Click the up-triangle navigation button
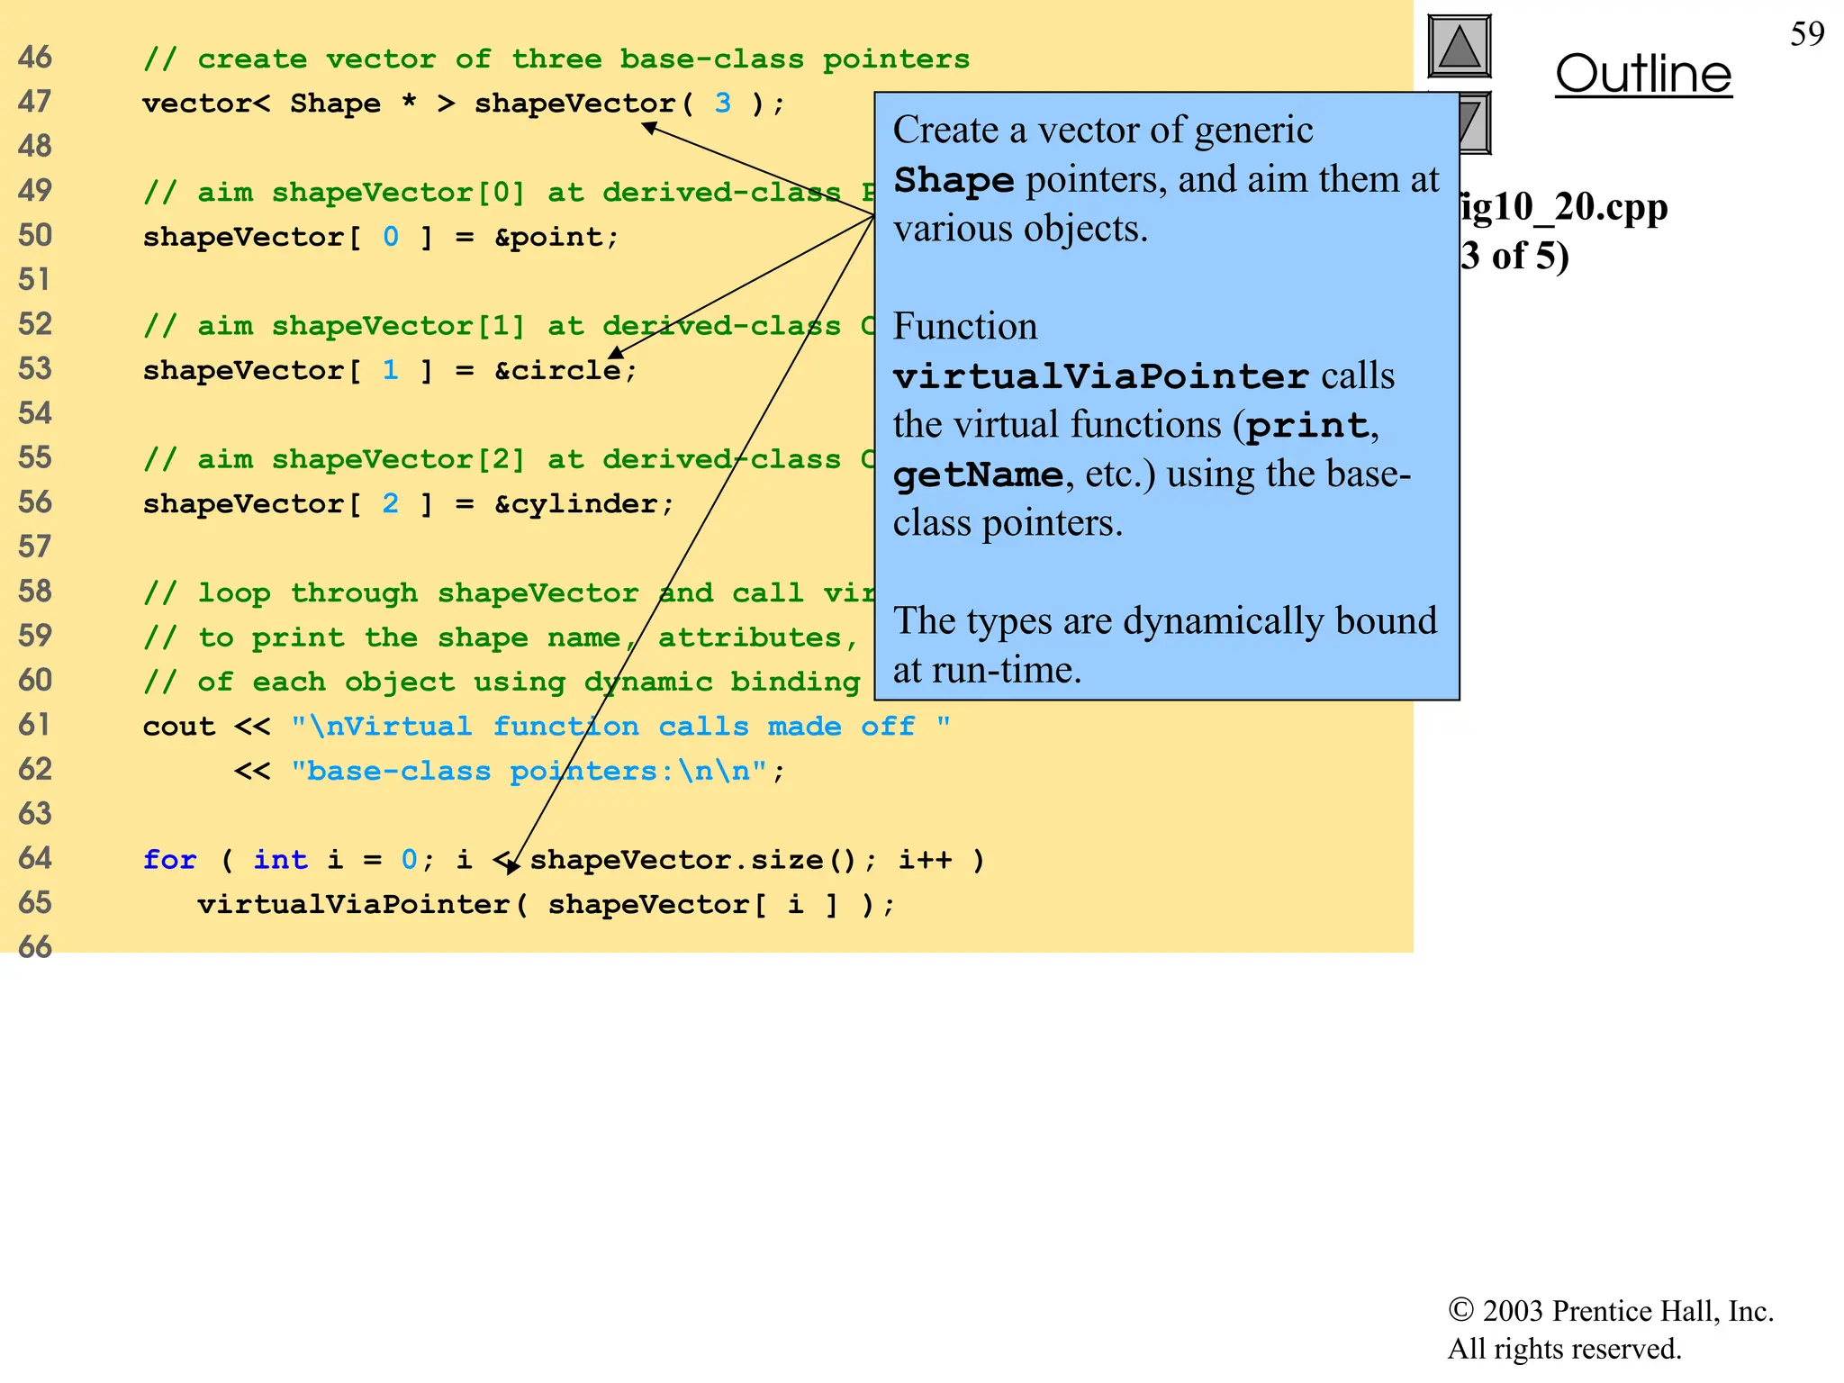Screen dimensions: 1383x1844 1460,46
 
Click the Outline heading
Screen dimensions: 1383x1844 1642,75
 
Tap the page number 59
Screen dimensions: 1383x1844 1806,34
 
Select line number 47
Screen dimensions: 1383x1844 35,102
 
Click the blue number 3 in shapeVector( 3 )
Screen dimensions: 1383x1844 722,104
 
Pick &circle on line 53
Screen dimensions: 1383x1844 557,370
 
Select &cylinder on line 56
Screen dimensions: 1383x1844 576,503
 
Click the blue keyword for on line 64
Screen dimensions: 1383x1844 169,860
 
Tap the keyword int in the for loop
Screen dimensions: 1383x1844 280,860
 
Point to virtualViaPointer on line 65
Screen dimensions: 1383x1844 355,904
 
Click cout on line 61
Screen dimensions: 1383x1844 178,727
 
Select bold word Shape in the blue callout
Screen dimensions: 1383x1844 954,180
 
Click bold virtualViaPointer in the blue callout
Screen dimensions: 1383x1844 1100,376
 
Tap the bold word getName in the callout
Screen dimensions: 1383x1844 978,475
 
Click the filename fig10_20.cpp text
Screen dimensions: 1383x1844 1563,207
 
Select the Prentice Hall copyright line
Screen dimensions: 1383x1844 1610,1311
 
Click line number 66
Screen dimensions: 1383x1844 35,947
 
